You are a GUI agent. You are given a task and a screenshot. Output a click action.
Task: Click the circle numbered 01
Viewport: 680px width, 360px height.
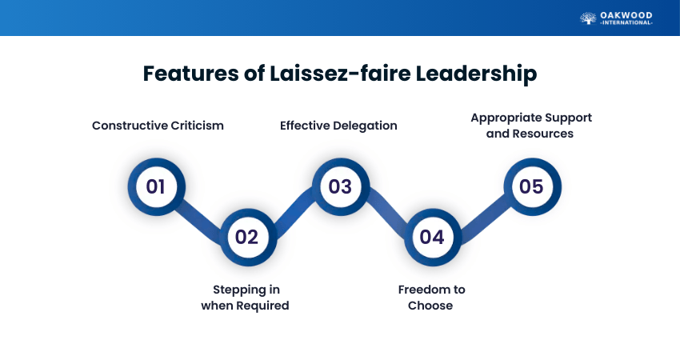[x=156, y=186]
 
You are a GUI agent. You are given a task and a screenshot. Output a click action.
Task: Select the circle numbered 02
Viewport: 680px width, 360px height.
[x=248, y=237]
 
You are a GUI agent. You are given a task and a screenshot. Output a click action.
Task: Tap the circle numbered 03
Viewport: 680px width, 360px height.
[x=341, y=186]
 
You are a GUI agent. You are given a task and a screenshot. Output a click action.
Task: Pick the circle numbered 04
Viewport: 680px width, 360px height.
[x=432, y=237]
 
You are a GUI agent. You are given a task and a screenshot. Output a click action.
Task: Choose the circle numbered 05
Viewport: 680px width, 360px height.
[x=532, y=186]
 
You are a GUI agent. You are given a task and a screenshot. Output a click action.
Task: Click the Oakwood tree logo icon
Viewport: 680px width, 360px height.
[x=588, y=18]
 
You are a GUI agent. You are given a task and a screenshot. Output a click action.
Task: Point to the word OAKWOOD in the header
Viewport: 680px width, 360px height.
[x=626, y=16]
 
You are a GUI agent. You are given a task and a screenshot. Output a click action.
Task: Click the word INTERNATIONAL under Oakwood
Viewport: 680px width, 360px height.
[x=626, y=22]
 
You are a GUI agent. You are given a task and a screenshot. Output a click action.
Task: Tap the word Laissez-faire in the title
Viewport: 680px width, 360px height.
[x=340, y=73]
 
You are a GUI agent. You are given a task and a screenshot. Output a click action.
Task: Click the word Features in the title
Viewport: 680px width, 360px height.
[x=191, y=73]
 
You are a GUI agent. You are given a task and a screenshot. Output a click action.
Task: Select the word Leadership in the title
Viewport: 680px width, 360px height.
[x=476, y=74]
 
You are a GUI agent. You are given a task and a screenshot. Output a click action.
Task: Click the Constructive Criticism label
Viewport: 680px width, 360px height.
[x=158, y=126]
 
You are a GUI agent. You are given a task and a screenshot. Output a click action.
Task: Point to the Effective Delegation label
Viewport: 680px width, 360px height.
[x=338, y=126]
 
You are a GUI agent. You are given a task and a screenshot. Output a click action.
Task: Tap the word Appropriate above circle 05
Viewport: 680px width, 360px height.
[x=506, y=118]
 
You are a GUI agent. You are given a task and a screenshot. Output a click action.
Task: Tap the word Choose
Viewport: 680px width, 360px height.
[x=430, y=306]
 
